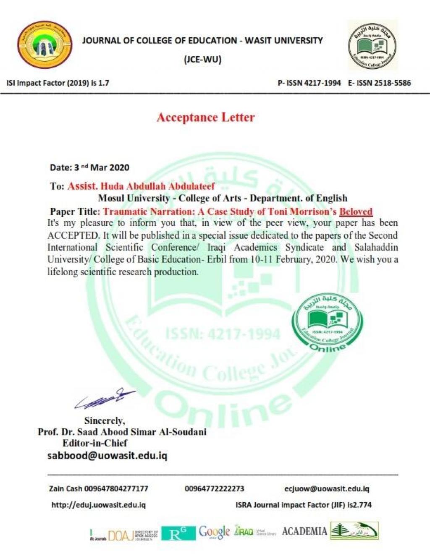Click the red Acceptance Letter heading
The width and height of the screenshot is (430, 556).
pyautogui.click(x=205, y=117)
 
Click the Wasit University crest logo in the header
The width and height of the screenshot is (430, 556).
pyautogui.click(x=45, y=45)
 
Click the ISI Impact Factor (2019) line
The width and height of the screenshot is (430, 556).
pyautogui.click(x=58, y=83)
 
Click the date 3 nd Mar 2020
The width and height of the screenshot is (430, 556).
pyautogui.click(x=89, y=167)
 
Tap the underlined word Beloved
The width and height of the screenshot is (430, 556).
pyautogui.click(x=356, y=211)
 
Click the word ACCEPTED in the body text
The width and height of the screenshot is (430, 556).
pyautogui.click(x=73, y=235)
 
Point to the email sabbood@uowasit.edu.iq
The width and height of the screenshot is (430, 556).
pyautogui.click(x=107, y=456)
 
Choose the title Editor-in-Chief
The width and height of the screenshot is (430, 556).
pyautogui.click(x=95, y=443)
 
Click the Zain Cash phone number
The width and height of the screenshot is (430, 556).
pyautogui.click(x=116, y=488)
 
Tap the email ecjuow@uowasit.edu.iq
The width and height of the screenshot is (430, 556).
pyautogui.click(x=327, y=488)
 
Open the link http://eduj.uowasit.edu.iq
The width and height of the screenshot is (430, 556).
pyautogui.click(x=98, y=505)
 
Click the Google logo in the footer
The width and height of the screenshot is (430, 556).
pyautogui.click(x=214, y=532)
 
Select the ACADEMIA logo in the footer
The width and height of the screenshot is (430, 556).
pyautogui.click(x=304, y=531)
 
